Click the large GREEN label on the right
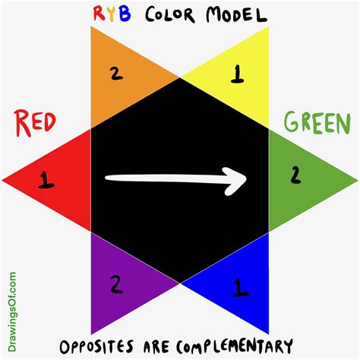pos(318,122)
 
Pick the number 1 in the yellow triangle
pos(237,74)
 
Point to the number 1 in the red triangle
pos(46,181)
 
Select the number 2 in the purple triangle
pos(117,285)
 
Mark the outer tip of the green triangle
pos(357,181)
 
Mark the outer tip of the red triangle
pos(3,181)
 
